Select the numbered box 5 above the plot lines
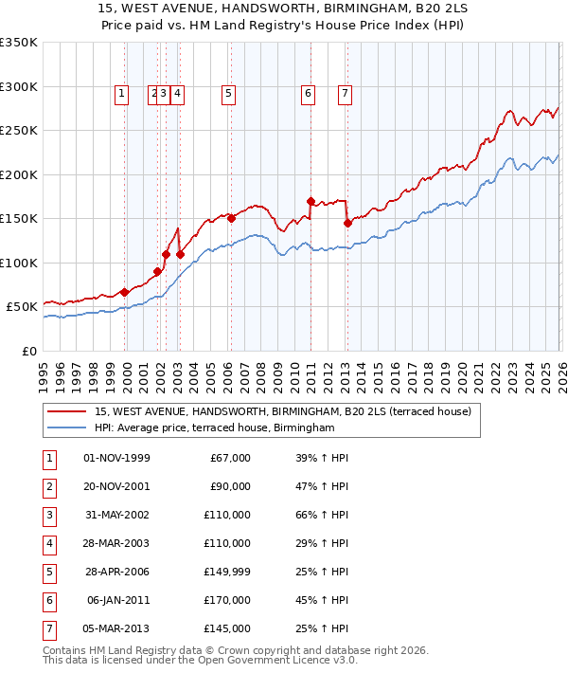point(229,93)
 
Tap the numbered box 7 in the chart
point(345,93)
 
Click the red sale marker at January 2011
point(311,201)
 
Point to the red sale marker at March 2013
point(347,224)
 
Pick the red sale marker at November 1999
point(124,292)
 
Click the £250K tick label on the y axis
point(19,131)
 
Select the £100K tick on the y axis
point(19,263)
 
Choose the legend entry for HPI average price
point(215,428)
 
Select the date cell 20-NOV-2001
point(116,487)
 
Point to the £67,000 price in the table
point(227,459)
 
